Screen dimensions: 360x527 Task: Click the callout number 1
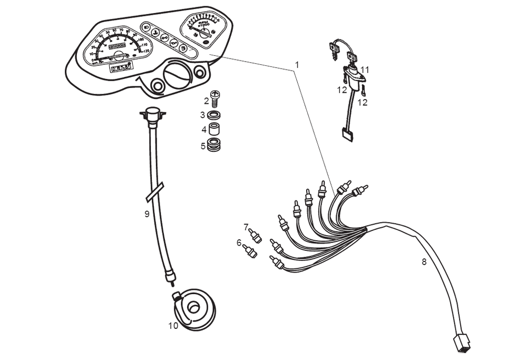[297, 65]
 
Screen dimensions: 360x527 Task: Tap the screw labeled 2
[214, 99]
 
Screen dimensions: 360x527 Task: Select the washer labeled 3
[214, 115]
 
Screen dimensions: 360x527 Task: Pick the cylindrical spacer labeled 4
[214, 129]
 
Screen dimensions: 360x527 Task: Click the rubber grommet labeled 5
[214, 144]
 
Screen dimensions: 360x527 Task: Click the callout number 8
[424, 261]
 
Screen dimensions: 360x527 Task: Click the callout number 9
[147, 213]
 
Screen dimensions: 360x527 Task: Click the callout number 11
[365, 70]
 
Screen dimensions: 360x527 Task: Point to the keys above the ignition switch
[343, 50]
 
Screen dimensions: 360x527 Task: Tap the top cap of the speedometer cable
[153, 112]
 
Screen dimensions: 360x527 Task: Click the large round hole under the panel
[176, 75]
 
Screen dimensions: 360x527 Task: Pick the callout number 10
[173, 326]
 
